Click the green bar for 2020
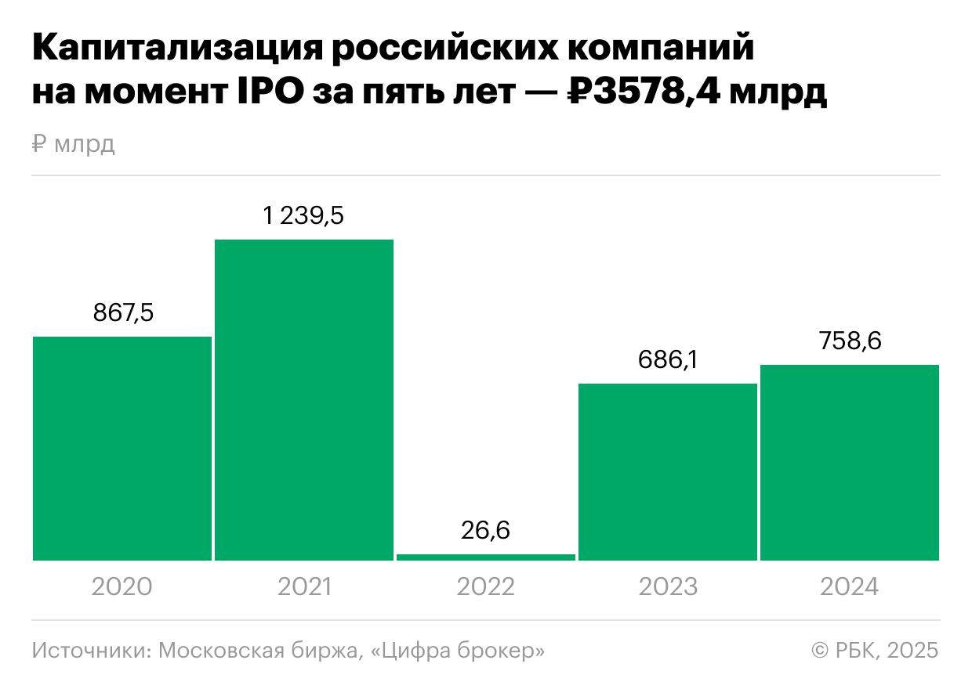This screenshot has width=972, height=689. click(122, 448)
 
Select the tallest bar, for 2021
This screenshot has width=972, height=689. click(304, 399)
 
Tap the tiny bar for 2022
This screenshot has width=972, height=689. click(486, 557)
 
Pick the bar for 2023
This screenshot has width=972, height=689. click(668, 471)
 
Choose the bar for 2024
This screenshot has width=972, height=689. click(850, 462)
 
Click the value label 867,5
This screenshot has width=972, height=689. click(123, 312)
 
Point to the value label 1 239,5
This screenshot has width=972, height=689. click(304, 215)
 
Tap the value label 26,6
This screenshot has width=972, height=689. click(486, 531)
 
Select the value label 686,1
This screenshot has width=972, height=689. click(668, 360)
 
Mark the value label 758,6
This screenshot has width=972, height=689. click(850, 341)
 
